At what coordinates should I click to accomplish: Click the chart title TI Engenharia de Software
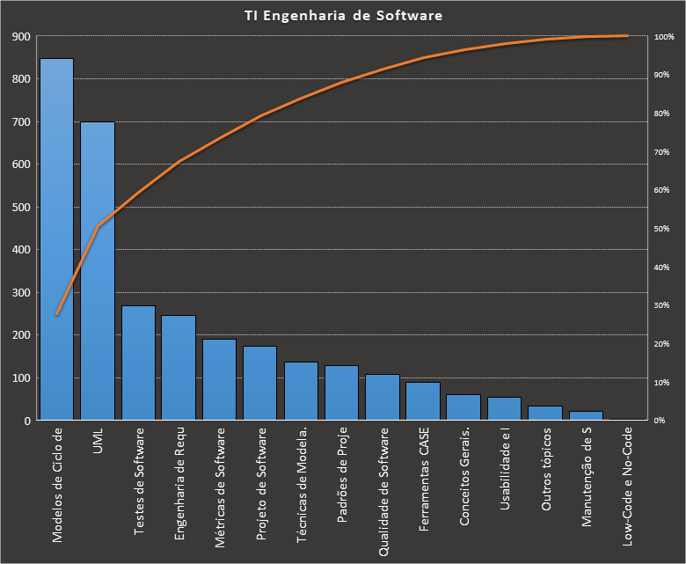click(x=343, y=16)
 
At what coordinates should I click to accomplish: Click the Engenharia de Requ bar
click(x=179, y=368)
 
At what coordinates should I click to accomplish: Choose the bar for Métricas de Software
click(x=220, y=379)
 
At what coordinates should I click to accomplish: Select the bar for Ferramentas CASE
click(x=423, y=401)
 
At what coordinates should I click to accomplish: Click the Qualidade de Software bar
click(x=383, y=397)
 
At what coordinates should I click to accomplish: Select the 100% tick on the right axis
click(x=663, y=37)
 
